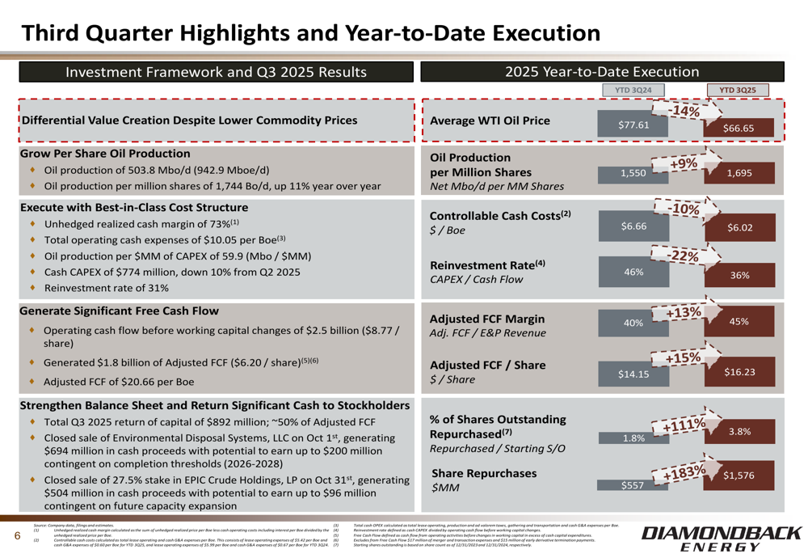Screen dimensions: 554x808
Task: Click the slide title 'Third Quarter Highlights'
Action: click(311, 32)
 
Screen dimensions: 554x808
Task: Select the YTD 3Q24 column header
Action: click(633, 90)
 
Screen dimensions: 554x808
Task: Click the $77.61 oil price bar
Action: click(633, 125)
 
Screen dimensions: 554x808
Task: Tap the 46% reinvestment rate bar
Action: click(633, 272)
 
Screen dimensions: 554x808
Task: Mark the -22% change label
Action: click(687, 256)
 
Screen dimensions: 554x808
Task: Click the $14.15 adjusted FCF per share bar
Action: click(633, 374)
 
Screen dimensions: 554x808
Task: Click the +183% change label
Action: click(687, 472)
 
